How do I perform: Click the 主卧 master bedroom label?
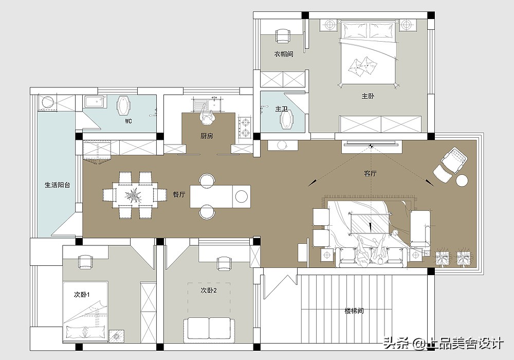click(x=368, y=96)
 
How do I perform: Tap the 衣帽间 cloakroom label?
click(x=284, y=54)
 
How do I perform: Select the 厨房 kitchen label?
click(x=207, y=135)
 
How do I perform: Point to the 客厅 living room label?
click(x=370, y=173)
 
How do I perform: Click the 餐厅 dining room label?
click(x=179, y=194)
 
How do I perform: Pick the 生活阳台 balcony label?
click(x=58, y=185)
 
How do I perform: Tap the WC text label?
click(x=128, y=121)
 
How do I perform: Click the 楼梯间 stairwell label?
click(x=354, y=311)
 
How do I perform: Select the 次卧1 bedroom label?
click(x=82, y=295)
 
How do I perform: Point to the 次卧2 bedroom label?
click(x=209, y=291)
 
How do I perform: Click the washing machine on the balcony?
click(x=48, y=102)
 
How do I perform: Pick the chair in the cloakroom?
click(x=283, y=35)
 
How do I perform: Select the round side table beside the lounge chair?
click(x=462, y=181)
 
